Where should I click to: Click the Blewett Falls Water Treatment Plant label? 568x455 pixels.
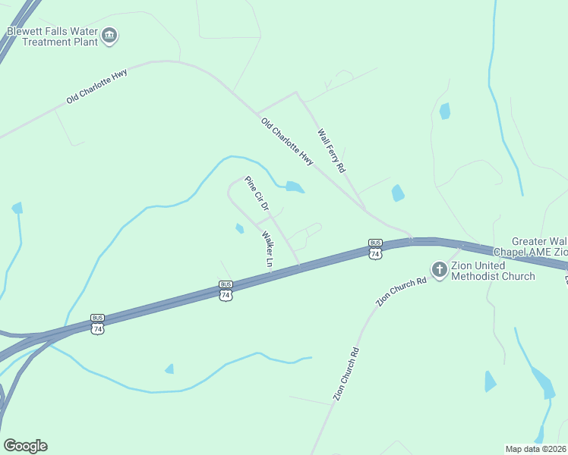coord(52,36)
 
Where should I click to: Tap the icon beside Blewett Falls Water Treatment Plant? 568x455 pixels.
coord(109,34)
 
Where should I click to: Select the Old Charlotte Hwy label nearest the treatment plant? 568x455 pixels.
coord(96,86)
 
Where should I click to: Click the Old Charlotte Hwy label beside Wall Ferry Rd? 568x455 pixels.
coord(287,142)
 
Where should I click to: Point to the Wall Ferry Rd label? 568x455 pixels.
coord(331,149)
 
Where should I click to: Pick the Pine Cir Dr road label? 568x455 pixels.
coord(257,193)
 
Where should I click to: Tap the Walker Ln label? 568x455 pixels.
coord(268,248)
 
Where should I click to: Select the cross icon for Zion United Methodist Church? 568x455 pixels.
coord(439,269)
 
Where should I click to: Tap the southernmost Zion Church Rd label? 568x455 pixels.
coord(345,374)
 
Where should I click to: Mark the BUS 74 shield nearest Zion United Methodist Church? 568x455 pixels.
coord(375,249)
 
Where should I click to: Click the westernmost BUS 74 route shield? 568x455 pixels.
coord(97,324)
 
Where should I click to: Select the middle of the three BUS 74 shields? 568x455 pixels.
coord(225,290)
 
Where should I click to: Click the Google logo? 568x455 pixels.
coord(25,446)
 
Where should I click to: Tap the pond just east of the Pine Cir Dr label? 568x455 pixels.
coord(295,187)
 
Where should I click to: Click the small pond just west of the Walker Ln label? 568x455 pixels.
coord(240,228)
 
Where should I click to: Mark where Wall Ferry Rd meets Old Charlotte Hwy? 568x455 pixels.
coord(363,207)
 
